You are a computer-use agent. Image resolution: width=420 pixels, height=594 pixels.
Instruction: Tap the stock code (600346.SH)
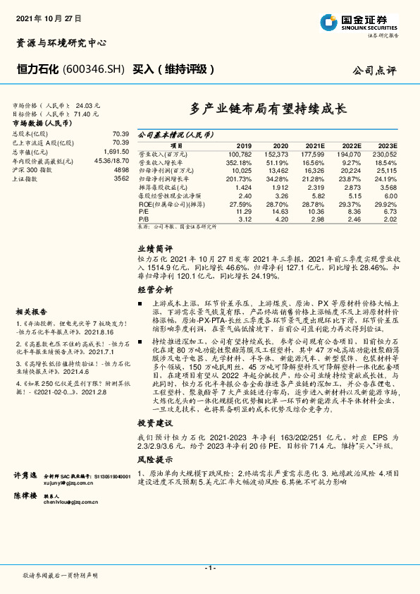(94, 69)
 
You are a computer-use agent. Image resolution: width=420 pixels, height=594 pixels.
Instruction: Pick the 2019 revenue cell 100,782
(240, 152)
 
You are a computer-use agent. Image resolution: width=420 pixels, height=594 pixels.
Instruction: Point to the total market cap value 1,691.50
(114, 151)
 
